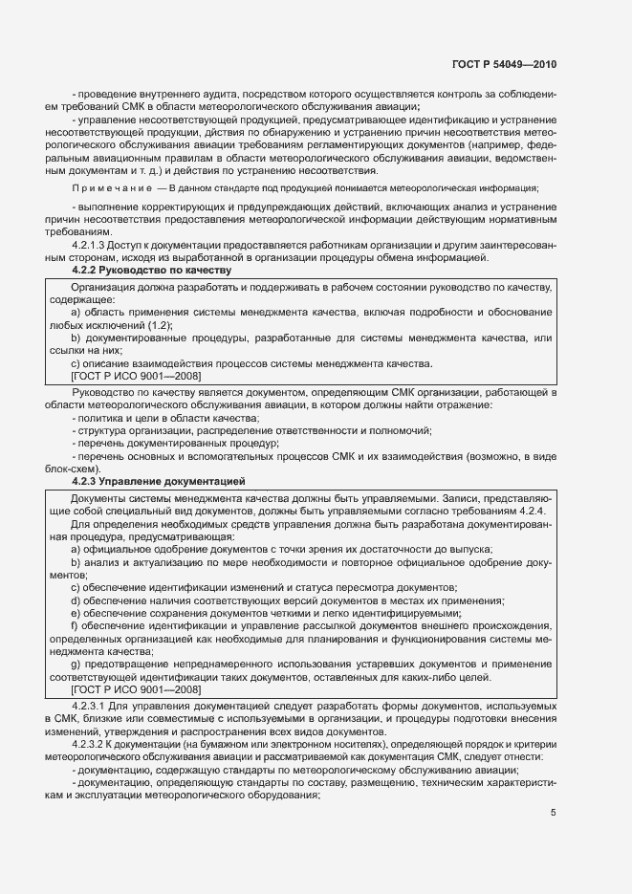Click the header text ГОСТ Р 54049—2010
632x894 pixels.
click(504, 64)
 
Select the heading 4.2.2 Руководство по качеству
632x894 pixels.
click(151, 272)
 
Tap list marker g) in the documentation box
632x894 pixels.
click(76, 663)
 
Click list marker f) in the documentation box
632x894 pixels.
click(75, 624)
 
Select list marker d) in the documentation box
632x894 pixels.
click(76, 600)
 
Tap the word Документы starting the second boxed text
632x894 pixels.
click(98, 498)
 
